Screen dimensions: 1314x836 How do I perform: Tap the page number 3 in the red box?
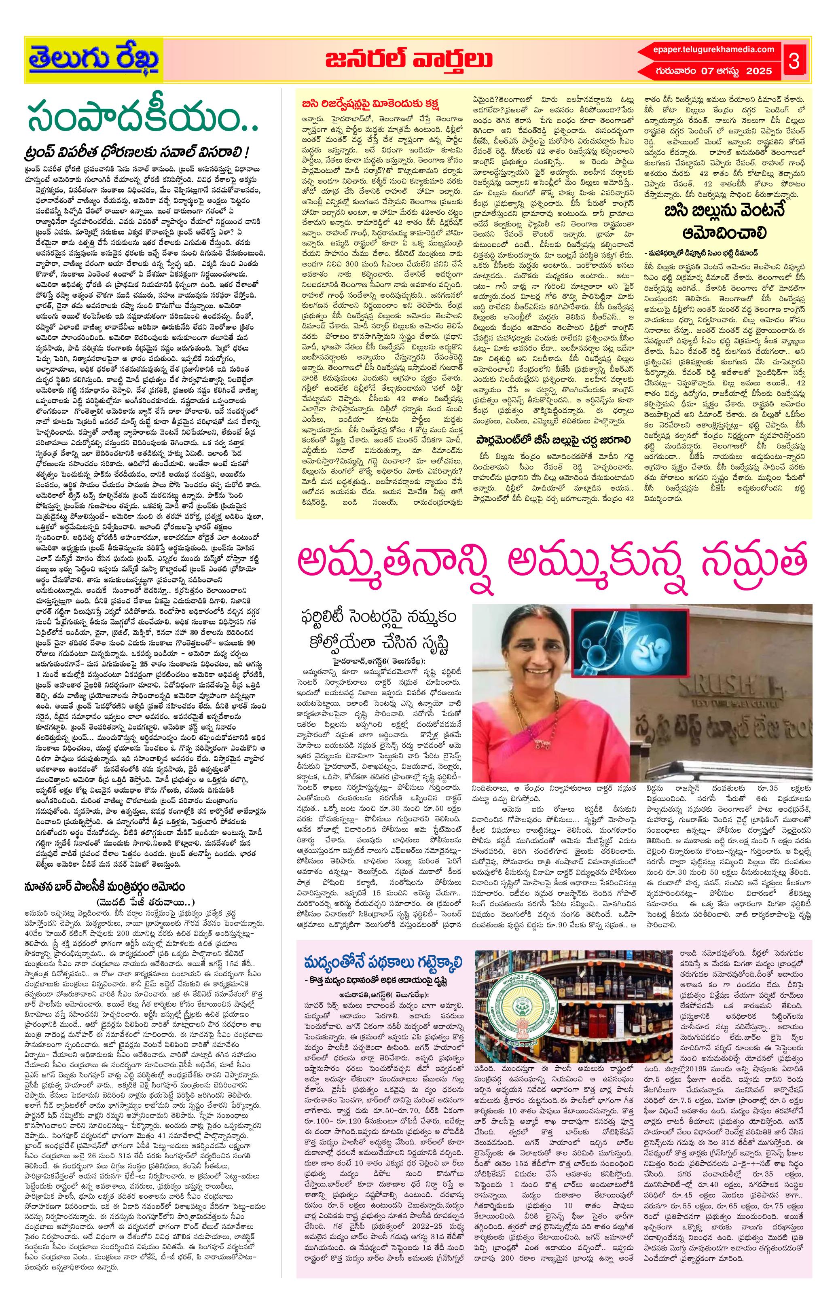pos(794,61)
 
